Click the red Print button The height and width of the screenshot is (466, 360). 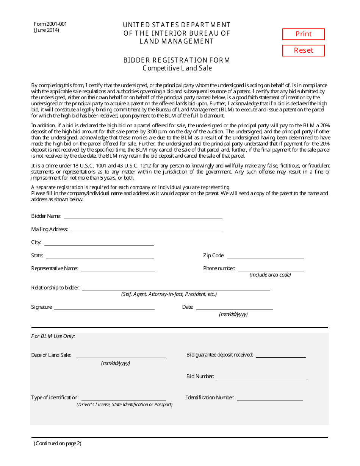pos(303,34)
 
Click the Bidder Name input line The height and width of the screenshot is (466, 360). pos(143,216)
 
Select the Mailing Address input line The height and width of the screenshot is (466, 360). pos(147,229)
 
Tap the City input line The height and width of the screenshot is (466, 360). pos(99,242)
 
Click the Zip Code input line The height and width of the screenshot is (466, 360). pos(265,255)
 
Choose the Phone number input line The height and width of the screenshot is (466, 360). pos(271,269)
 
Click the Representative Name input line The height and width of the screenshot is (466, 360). pos(117,269)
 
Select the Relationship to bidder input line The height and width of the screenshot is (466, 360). pos(176,288)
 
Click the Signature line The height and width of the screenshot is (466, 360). pos(104,307)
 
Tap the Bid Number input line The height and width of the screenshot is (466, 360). pos(261,376)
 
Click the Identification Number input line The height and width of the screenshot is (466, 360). pos(270,397)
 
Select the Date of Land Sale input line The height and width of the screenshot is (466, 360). pos(121,355)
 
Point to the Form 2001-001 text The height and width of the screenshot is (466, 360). pos(50,24)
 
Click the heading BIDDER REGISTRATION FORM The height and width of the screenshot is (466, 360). pos(177,60)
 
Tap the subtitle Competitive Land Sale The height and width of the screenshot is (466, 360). pos(177,68)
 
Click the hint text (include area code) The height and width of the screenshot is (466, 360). pos(270,275)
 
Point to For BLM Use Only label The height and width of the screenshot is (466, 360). pos(53,336)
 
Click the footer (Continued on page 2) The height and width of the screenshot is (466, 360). pos(58,443)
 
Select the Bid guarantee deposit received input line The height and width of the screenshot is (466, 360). pos(280,355)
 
